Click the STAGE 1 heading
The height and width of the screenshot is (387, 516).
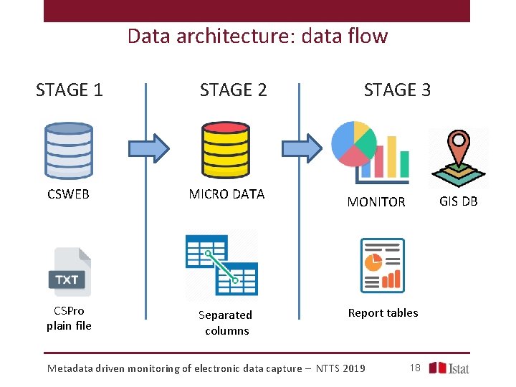tap(70, 90)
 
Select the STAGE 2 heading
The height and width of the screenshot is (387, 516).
tap(233, 90)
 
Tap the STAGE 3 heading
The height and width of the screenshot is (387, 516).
tap(397, 90)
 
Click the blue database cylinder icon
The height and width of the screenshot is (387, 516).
tap(69, 150)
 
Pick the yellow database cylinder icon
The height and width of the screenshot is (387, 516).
tap(226, 150)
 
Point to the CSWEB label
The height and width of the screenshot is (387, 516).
tap(68, 194)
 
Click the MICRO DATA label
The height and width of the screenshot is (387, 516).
tap(226, 194)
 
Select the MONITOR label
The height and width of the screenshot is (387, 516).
tap(376, 202)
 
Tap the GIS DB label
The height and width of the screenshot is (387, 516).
tap(459, 201)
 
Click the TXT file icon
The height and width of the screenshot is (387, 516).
tap(70, 272)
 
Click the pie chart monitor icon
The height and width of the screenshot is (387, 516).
tap(369, 152)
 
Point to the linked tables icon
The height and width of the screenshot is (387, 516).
tap(221, 264)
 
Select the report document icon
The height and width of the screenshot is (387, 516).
tap(382, 265)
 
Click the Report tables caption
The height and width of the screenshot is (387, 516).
tap(383, 313)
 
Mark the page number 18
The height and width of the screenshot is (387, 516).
tap(414, 368)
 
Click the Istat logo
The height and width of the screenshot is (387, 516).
tap(449, 368)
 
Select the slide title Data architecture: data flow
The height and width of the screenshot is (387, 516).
tap(257, 36)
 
